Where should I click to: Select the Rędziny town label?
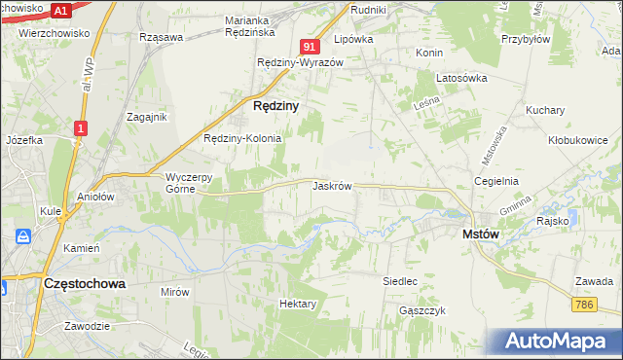[275, 104]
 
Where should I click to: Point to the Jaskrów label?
[332, 185]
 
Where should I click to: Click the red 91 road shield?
[311, 47]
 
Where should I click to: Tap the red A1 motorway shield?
[60, 11]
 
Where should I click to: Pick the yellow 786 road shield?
[585, 306]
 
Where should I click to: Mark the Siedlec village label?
[400, 281]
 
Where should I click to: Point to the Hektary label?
[298, 304]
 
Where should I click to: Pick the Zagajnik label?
[148, 116]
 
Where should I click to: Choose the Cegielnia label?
[495, 181]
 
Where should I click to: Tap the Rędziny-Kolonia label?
[242, 138]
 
